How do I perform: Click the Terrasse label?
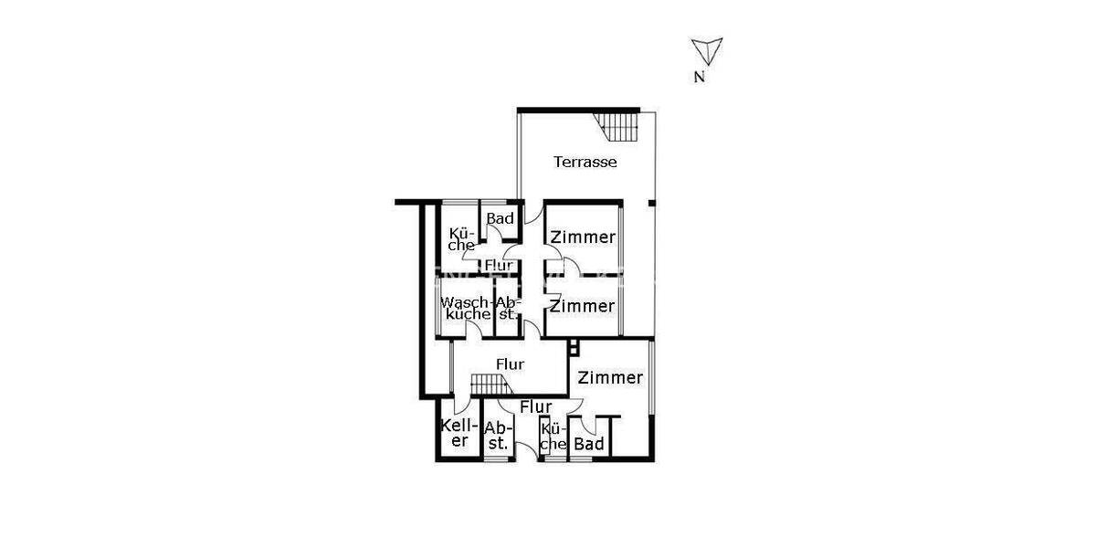(585, 163)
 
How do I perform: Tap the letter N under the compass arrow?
(699, 78)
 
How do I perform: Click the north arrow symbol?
(707, 49)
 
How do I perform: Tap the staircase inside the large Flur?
(488, 386)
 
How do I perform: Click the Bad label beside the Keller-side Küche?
(589, 444)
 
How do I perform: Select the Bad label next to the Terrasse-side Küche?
(500, 218)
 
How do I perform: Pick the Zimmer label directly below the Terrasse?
(583, 237)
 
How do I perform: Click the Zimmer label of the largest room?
(612, 377)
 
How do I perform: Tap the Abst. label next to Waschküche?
(507, 308)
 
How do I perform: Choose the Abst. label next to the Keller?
(497, 436)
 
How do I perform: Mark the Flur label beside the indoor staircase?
(511, 364)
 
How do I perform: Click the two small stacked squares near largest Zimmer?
(573, 348)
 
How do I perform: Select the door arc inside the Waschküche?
(474, 332)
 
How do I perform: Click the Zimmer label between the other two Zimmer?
(583, 306)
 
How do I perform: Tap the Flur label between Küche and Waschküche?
(499, 266)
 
